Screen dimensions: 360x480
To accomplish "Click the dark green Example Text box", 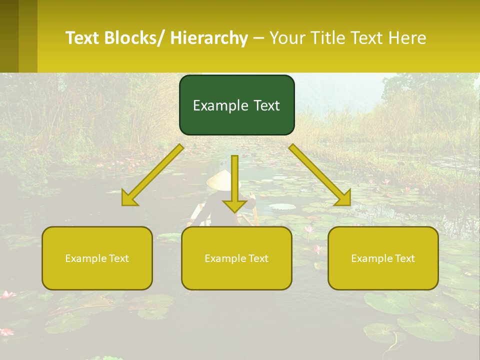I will [236, 105].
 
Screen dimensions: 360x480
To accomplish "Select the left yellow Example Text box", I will [97, 258].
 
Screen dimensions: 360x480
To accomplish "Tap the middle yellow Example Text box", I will [236, 258].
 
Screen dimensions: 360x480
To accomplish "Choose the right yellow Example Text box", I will [383, 258].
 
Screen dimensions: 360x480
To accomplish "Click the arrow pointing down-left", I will [152, 175].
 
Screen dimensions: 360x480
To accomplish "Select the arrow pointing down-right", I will [320, 175].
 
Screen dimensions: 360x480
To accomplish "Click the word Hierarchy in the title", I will [209, 38].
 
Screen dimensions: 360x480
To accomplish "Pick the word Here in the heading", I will [408, 38].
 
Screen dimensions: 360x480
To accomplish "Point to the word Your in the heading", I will [287, 38].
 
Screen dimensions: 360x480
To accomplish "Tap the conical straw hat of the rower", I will [220, 179].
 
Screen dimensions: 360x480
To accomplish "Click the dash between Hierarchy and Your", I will [258, 38].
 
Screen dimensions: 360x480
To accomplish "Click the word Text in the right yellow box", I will [404, 258].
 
